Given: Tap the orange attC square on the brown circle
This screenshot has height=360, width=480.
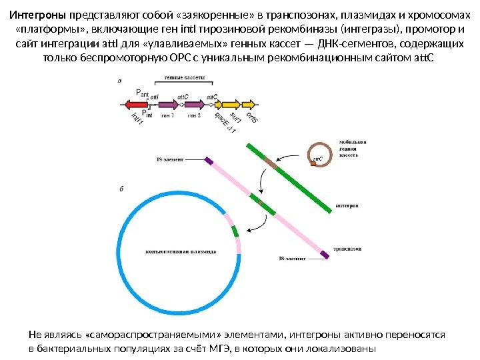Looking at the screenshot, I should (x=319, y=161).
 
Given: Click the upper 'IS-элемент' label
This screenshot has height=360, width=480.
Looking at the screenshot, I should (x=171, y=160).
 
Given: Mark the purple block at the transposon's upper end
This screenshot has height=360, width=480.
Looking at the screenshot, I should (x=209, y=161).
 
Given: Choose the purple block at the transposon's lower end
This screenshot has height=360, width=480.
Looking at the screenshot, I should (x=325, y=253).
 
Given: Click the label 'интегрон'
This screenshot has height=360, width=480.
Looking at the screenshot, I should (x=348, y=206).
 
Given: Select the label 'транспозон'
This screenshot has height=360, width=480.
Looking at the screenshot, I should (x=347, y=249).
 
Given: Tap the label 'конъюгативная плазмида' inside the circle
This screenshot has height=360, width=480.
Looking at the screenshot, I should (x=181, y=253).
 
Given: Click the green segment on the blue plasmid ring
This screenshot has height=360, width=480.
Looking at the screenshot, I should (x=235, y=231).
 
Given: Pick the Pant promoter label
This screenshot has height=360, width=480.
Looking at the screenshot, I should (x=142, y=93).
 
